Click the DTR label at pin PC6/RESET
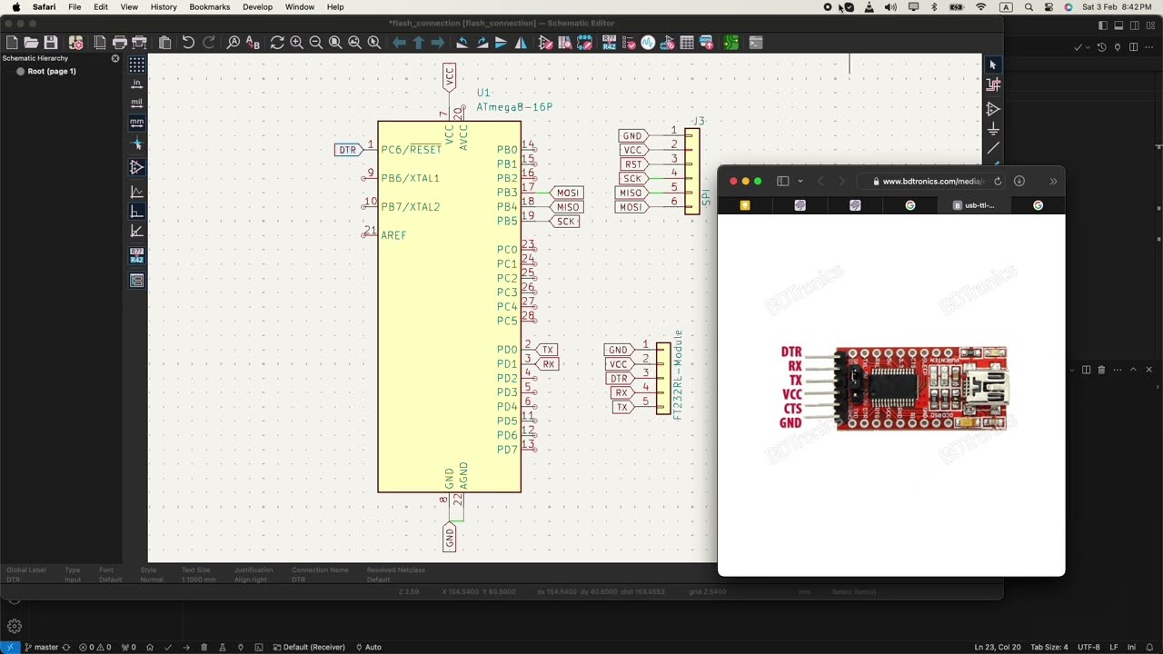pyautogui.click(x=347, y=150)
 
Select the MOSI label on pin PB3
pyautogui.click(x=568, y=193)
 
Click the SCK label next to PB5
pyautogui.click(x=565, y=222)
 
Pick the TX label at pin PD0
pyautogui.click(x=547, y=350)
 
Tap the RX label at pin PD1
pyautogui.click(x=548, y=364)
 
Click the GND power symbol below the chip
pyautogui.click(x=449, y=537)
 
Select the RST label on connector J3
pyautogui.click(x=632, y=164)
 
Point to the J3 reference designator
pyautogui.click(x=698, y=121)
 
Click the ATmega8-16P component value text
pyautogui.click(x=514, y=107)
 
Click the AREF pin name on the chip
pyautogui.click(x=393, y=235)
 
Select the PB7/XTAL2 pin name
pyautogui.click(x=410, y=207)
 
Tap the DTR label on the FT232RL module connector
pyautogui.click(x=619, y=379)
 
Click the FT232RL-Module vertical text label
pyautogui.click(x=678, y=374)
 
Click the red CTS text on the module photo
pyautogui.click(x=792, y=409)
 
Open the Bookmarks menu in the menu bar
pyautogui.click(x=209, y=7)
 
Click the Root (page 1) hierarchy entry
pyautogui.click(x=52, y=71)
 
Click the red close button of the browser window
pyautogui.click(x=733, y=181)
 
